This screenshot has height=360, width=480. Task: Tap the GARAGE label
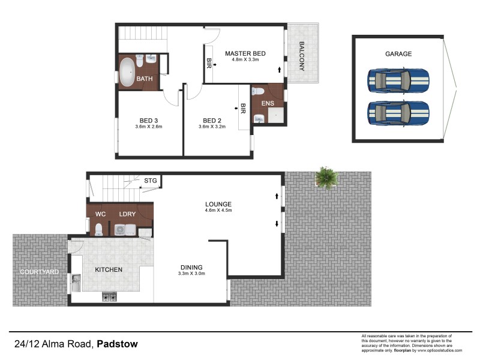[x=398, y=53]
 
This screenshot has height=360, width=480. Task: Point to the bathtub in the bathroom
[x=127, y=72]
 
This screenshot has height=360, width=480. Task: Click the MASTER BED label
[x=245, y=53]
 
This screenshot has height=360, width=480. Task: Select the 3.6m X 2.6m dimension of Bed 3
[x=148, y=127]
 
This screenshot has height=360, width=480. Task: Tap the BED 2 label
[x=213, y=119]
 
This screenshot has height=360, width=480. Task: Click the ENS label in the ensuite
[x=267, y=103]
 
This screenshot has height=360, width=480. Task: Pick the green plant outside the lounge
[x=326, y=178]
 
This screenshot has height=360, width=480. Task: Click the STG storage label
[x=150, y=179]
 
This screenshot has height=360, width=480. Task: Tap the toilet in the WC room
[x=99, y=229]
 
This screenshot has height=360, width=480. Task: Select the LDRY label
[x=127, y=214]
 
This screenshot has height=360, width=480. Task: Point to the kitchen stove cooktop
[x=110, y=296]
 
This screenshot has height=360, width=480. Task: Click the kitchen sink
[x=75, y=283]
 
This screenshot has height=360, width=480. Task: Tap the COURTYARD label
[x=39, y=272]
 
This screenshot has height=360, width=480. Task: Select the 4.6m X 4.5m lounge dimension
[x=218, y=211]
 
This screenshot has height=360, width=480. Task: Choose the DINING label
[x=191, y=268]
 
